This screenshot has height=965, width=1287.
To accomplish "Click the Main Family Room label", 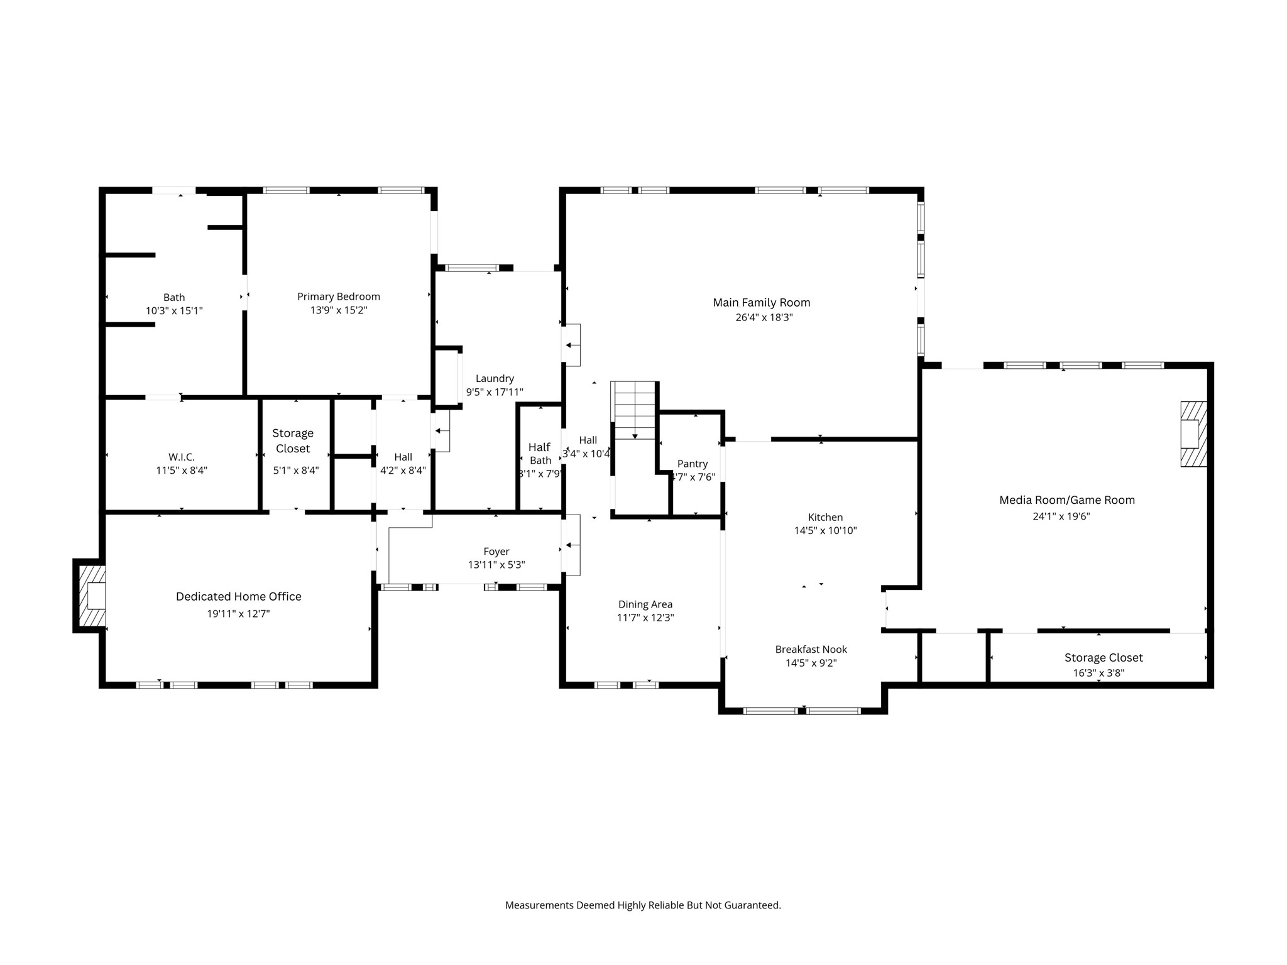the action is pyautogui.click(x=761, y=303).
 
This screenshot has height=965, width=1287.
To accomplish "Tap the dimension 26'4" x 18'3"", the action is pyautogui.click(x=764, y=318).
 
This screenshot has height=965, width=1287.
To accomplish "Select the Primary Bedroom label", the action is pyautogui.click(x=339, y=297).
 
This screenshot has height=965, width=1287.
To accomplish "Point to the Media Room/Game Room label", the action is pyautogui.click(x=1067, y=500).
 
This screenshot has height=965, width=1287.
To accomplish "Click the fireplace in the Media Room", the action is pyautogui.click(x=1193, y=433).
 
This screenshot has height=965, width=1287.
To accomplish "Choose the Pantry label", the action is pyautogui.click(x=693, y=464).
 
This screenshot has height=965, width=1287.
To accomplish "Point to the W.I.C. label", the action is pyautogui.click(x=182, y=457).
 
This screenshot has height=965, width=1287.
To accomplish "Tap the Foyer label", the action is pyautogui.click(x=496, y=552).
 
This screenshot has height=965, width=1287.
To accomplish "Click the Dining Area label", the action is pyautogui.click(x=645, y=604).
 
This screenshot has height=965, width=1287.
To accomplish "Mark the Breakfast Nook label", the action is pyautogui.click(x=811, y=650).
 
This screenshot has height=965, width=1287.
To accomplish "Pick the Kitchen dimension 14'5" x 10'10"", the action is pyautogui.click(x=826, y=531).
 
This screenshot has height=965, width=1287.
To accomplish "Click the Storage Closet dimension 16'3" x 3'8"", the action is pyautogui.click(x=1098, y=673).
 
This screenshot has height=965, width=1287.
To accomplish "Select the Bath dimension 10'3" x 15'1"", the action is pyautogui.click(x=174, y=311).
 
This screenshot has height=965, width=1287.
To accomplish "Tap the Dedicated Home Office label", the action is pyautogui.click(x=239, y=597).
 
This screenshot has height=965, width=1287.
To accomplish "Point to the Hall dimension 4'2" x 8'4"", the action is pyautogui.click(x=403, y=470).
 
